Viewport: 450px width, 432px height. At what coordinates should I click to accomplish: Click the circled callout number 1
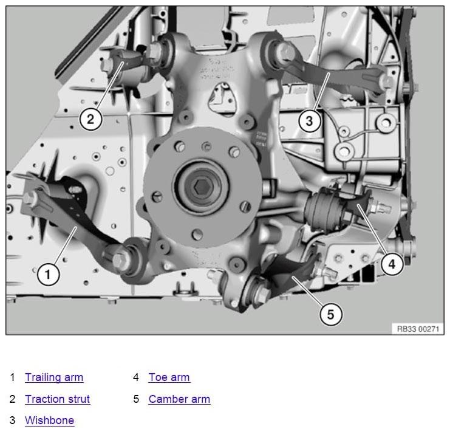pyautogui.click(x=49, y=275)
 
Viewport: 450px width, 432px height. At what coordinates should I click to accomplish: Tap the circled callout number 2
pyautogui.click(x=90, y=118)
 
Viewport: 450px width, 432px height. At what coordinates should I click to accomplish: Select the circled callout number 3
pyautogui.click(x=309, y=120)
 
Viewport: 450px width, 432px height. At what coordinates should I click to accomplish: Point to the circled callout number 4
pyautogui.click(x=392, y=264)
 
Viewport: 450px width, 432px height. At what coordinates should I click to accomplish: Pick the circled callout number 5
pyautogui.click(x=331, y=314)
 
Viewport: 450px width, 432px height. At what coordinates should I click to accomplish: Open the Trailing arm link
pyautogui.click(x=54, y=377)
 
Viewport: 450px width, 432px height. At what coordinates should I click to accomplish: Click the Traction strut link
pyautogui.click(x=57, y=399)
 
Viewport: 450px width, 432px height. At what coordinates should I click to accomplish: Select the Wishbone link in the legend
pyautogui.click(x=49, y=420)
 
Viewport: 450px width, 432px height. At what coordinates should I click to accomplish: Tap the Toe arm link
pyautogui.click(x=169, y=377)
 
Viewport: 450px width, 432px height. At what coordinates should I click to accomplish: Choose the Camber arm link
pyautogui.click(x=179, y=399)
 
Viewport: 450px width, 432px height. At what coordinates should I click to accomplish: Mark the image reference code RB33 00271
pyautogui.click(x=417, y=328)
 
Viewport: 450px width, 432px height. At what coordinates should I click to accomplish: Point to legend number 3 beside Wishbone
pyautogui.click(x=12, y=420)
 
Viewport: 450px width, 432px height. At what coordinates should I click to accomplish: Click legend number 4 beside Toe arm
pyautogui.click(x=136, y=377)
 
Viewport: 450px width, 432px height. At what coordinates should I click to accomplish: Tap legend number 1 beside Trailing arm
pyautogui.click(x=12, y=377)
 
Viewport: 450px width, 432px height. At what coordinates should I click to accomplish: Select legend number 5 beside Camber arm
pyautogui.click(x=136, y=399)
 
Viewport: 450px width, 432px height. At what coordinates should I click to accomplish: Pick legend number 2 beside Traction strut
pyautogui.click(x=12, y=399)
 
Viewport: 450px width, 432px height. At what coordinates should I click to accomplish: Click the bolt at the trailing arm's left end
pyautogui.click(x=32, y=198)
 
